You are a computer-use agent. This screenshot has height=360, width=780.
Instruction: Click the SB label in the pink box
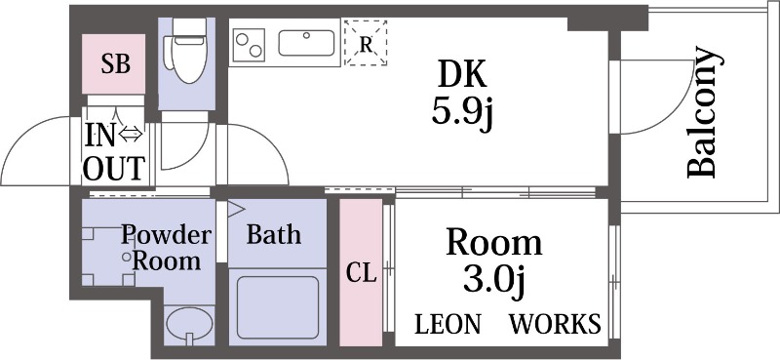[x=116, y=64]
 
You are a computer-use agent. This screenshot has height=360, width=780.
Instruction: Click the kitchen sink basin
[x=306, y=44]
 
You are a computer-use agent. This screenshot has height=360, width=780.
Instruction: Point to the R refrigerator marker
[x=366, y=44]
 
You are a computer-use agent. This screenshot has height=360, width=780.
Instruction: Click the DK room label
[x=461, y=75]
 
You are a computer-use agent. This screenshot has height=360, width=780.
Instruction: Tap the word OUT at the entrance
[x=114, y=169]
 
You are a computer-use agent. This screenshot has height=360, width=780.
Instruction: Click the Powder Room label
[x=166, y=248]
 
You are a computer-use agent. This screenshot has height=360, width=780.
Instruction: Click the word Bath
[x=273, y=235]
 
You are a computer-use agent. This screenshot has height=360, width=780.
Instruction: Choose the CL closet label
[x=361, y=273]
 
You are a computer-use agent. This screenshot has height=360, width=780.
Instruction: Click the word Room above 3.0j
[x=493, y=242]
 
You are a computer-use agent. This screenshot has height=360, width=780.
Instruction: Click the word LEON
[x=448, y=324]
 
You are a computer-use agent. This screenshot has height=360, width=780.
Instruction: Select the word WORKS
[x=555, y=324]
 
